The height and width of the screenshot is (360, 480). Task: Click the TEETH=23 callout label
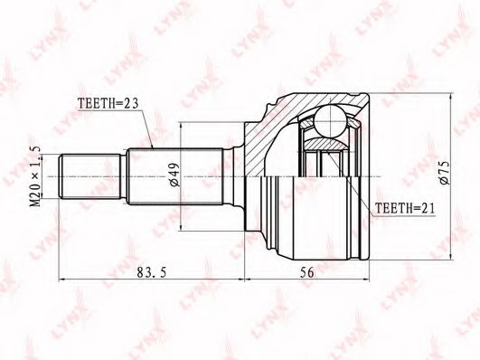(108, 103)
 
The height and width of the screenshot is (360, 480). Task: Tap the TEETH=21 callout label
(405, 208)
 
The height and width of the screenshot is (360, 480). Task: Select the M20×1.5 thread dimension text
(36, 176)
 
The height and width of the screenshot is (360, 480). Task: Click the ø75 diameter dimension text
(444, 173)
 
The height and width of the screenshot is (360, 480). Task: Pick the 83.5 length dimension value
(152, 272)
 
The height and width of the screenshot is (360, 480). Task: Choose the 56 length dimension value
(306, 272)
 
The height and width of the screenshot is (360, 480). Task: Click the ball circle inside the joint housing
(331, 120)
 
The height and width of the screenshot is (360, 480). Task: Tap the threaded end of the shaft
(89, 176)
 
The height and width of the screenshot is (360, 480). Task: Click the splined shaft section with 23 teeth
(174, 176)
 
